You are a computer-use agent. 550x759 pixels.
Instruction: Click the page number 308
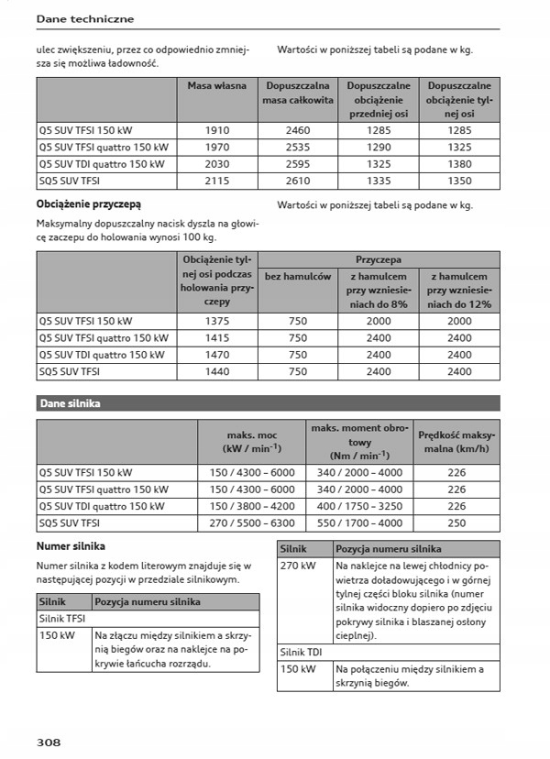click(49, 741)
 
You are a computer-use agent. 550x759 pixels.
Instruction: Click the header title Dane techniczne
click(84, 18)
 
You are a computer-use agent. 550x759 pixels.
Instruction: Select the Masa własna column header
click(216, 86)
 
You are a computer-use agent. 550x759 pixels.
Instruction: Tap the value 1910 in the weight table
click(216, 130)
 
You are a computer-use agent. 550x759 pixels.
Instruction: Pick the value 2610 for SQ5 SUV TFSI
click(298, 181)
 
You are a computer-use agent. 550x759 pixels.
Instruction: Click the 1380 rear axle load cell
click(459, 164)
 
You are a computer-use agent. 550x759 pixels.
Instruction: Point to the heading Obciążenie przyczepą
click(88, 203)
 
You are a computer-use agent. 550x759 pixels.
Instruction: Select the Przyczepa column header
click(379, 260)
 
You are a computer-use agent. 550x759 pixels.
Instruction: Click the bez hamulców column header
click(298, 276)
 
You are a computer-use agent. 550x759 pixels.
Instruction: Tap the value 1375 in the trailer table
click(218, 322)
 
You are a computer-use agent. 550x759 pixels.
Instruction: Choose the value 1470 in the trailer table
click(218, 355)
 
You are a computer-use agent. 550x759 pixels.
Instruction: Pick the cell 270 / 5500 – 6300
click(252, 523)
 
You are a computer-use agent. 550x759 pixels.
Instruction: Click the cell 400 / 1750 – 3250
click(358, 506)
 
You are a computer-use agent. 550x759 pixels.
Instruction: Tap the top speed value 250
click(456, 523)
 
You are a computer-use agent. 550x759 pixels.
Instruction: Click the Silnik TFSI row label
click(62, 619)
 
